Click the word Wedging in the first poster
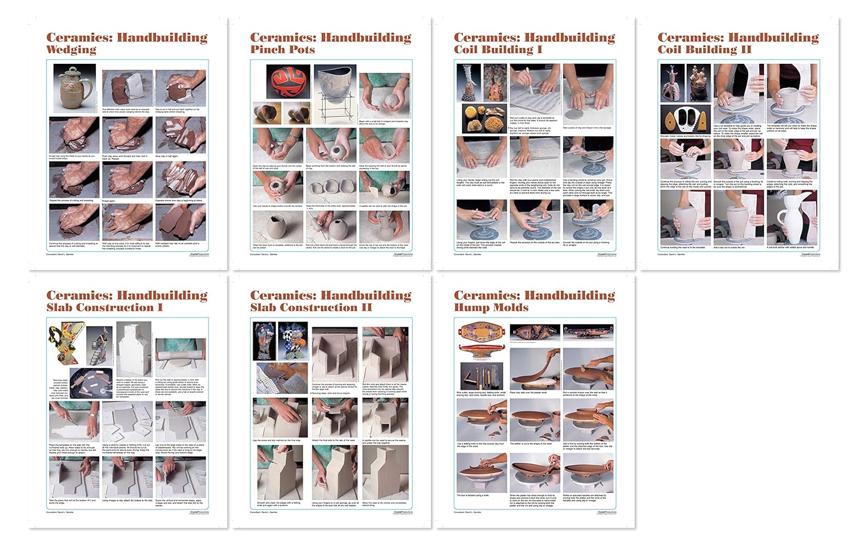pyautogui.click(x=71, y=50)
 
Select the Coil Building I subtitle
pyautogui.click(x=498, y=50)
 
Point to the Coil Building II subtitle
pyautogui.click(x=704, y=50)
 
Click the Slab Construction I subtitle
pyautogui.click(x=104, y=307)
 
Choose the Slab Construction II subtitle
pyautogui.click(x=311, y=307)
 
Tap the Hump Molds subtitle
pyautogui.click(x=491, y=307)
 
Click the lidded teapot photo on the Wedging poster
pyautogui.click(x=74, y=88)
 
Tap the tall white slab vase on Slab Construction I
pyautogui.click(x=133, y=348)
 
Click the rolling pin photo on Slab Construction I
pyautogui.click(x=180, y=358)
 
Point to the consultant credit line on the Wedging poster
pyautogui.click(x=59, y=254)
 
